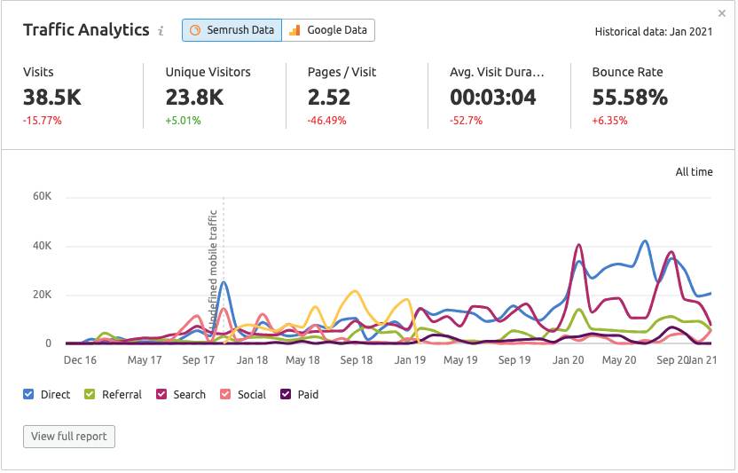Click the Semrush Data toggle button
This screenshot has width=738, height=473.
pyautogui.click(x=232, y=30)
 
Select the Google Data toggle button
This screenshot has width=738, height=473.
pyautogui.click(x=328, y=30)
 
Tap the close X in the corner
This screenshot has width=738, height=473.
pyautogui.click(x=722, y=13)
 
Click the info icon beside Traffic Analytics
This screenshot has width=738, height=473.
pyautogui.click(x=161, y=31)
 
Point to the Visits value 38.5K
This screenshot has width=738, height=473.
pyautogui.click(x=53, y=97)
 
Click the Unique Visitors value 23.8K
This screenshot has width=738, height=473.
pyautogui.click(x=194, y=97)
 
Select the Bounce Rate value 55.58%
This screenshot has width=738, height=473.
pyautogui.click(x=630, y=97)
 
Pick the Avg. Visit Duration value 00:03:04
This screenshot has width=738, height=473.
pyautogui.click(x=492, y=97)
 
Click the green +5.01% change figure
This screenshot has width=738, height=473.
pyautogui.click(x=184, y=121)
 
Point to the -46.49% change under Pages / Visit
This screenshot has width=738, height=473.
pyautogui.click(x=326, y=121)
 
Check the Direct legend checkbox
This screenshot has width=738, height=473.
pyautogui.click(x=29, y=394)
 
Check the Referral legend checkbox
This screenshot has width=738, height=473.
pyautogui.click(x=90, y=394)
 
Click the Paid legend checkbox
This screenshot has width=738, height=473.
pyautogui.click(x=287, y=394)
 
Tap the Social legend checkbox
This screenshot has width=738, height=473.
pyautogui.click(x=226, y=394)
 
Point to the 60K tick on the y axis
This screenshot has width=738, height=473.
pyautogui.click(x=43, y=197)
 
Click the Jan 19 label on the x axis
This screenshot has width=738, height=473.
pyautogui.click(x=410, y=360)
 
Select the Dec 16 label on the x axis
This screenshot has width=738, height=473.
pyautogui.click(x=80, y=360)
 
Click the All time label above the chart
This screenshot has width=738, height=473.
pyautogui.click(x=694, y=172)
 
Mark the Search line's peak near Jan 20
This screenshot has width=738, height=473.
pyautogui.click(x=579, y=245)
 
